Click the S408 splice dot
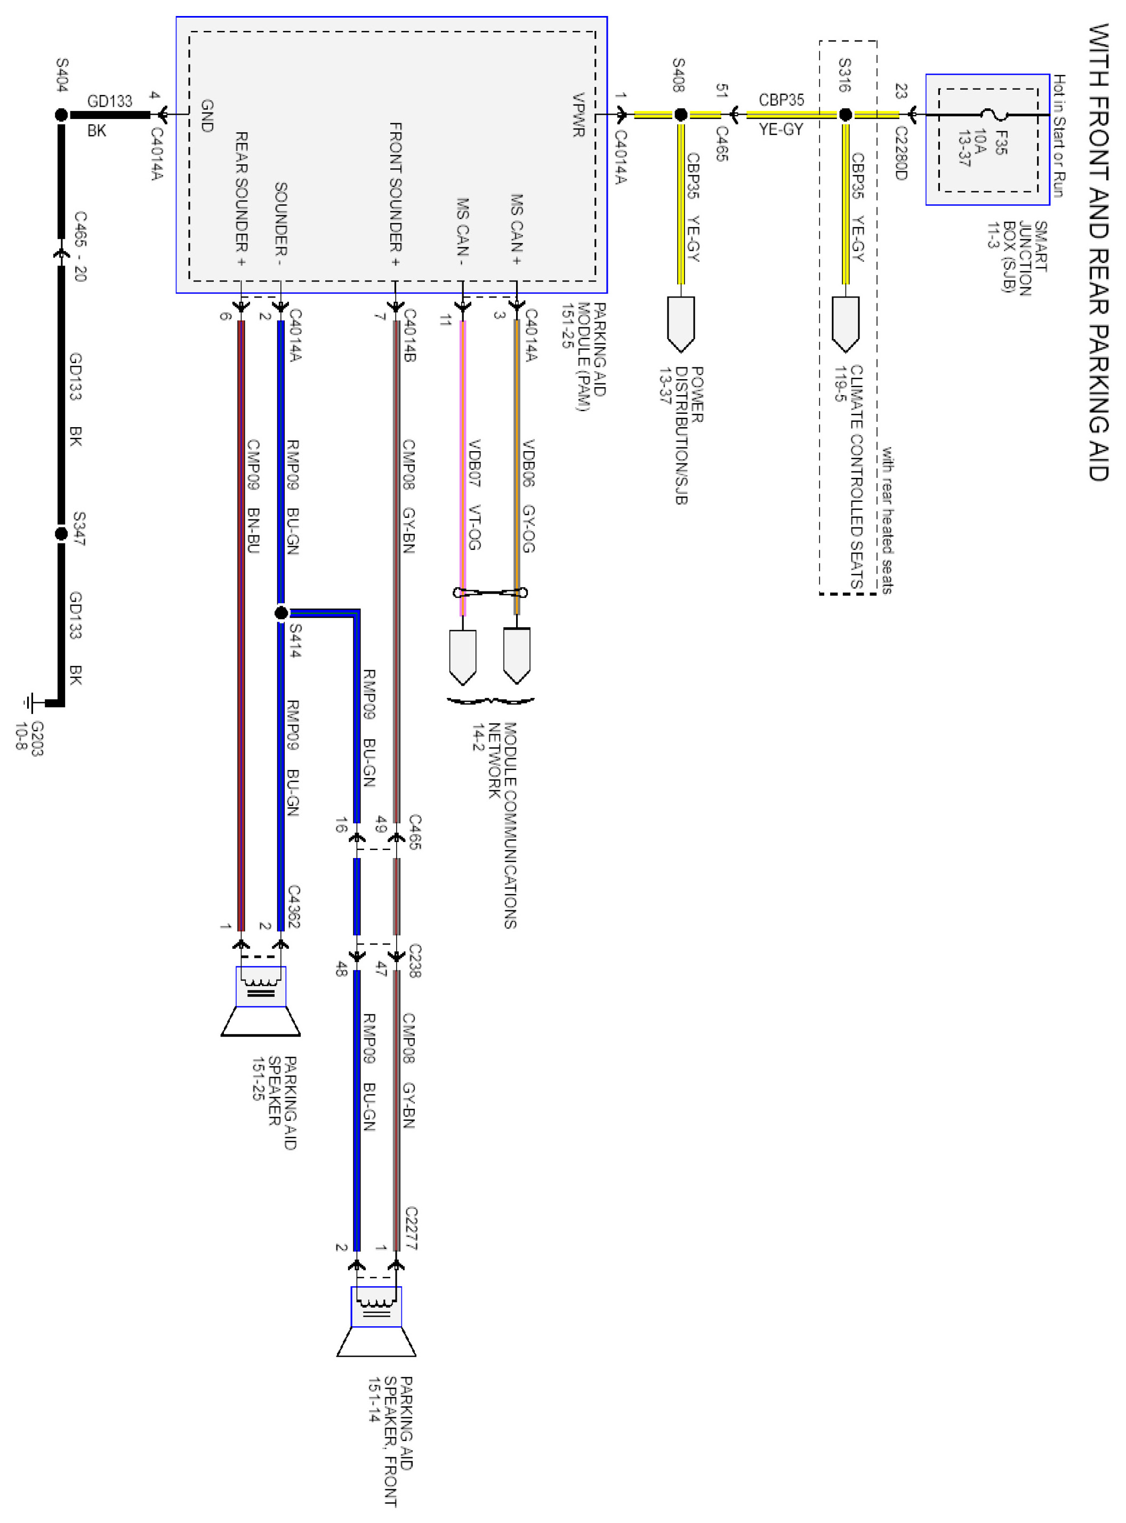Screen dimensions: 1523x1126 pyautogui.click(x=680, y=115)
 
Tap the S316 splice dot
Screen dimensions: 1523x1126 pyautogui.click(x=845, y=115)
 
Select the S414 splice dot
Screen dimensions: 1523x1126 pyautogui.click(x=281, y=613)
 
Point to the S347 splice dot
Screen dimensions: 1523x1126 pyautogui.click(x=61, y=534)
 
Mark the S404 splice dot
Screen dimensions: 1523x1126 pyautogui.click(x=61, y=115)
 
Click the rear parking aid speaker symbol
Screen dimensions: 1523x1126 pyautogui.click(x=260, y=1001)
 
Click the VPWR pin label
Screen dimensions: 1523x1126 pyautogui.click(x=578, y=115)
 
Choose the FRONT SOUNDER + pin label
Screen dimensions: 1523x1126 pyautogui.click(x=396, y=194)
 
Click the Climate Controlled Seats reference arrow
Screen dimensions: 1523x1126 pyautogui.click(x=845, y=324)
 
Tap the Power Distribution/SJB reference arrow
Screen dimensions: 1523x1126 pyautogui.click(x=680, y=324)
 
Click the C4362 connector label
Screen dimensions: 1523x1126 pyautogui.click(x=294, y=907)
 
